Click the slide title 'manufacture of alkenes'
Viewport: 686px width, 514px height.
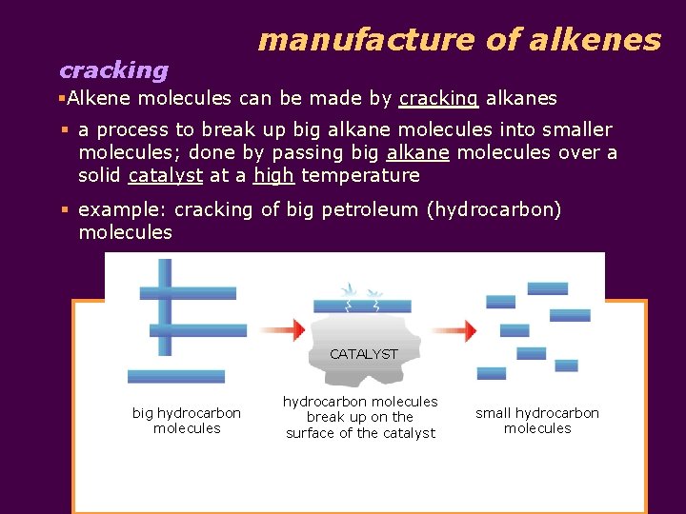(458, 40)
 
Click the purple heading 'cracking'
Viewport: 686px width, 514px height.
(113, 70)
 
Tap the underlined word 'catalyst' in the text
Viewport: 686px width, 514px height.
(166, 175)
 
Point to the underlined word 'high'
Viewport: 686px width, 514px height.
(273, 175)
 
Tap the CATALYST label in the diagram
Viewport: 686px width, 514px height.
(363, 353)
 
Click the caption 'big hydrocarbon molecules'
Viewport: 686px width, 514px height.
(187, 420)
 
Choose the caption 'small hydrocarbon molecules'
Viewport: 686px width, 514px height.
(537, 420)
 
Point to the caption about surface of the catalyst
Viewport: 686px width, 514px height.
(360, 417)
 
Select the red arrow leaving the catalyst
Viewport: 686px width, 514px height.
(453, 331)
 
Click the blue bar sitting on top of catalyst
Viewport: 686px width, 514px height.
(362, 306)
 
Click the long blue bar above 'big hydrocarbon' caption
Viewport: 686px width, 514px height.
(176, 376)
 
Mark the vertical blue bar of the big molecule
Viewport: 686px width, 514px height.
(166, 306)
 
